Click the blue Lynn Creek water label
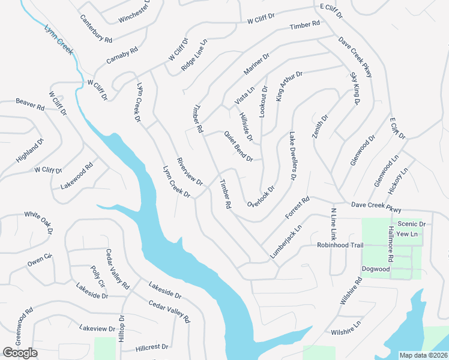point(59,40)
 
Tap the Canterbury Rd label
point(96,28)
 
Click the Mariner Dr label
point(256,65)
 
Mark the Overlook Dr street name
point(261,197)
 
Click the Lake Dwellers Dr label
point(293,157)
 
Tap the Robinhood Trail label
point(340,245)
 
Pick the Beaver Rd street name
point(30,104)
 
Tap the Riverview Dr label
point(190,171)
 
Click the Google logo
point(20,353)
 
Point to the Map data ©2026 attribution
point(424,355)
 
